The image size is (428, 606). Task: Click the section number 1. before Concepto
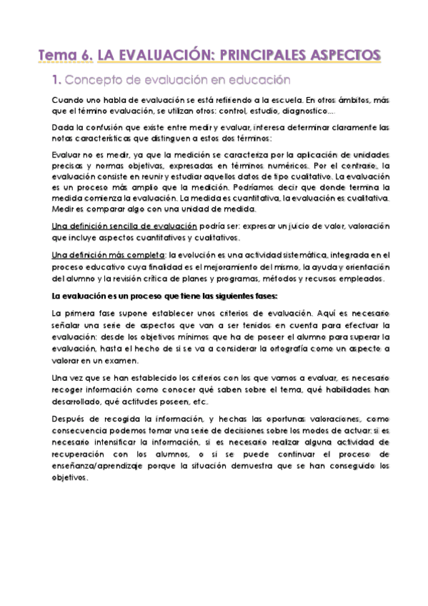click(x=60, y=80)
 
